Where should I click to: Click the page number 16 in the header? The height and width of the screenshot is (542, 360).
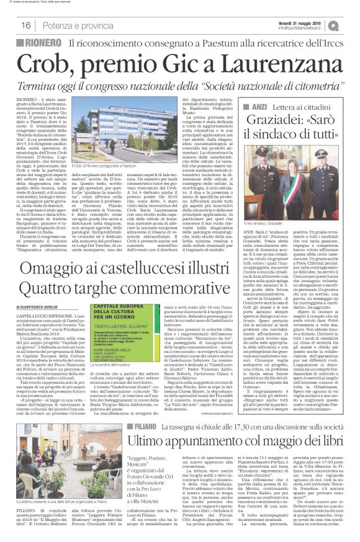point(26,25)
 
